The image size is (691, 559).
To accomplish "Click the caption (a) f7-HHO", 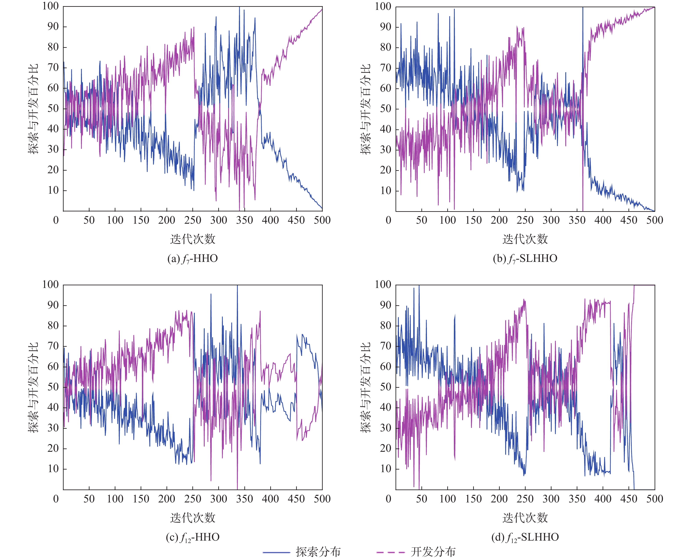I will coord(193,259).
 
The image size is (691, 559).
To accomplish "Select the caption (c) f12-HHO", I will coord(193,537).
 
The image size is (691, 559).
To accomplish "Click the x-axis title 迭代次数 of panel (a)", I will coord(193,239).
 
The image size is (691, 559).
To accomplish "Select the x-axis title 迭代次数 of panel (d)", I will coord(525,518).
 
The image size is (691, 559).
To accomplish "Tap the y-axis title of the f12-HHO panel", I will coord(33,387).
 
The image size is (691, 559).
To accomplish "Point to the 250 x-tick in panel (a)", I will coord(193,220).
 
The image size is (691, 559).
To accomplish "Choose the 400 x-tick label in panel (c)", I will coord(270,499).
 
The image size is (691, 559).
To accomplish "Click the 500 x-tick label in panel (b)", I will coord(655,220).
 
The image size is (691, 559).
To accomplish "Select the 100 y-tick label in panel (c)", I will coord(51,285).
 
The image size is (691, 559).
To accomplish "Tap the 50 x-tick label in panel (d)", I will coord(421,499).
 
